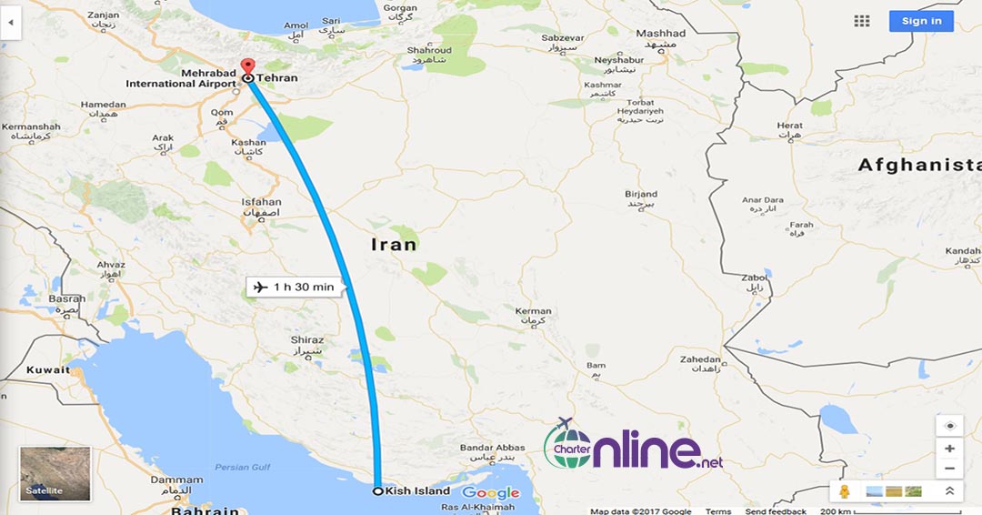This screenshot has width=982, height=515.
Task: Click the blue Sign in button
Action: coord(921,21)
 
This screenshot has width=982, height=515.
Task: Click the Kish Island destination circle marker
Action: coord(378,491)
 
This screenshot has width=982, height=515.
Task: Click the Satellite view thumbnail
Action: coord(55,474)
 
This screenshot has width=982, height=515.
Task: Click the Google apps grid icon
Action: coord(862,21)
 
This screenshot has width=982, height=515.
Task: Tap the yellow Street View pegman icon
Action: coord(845,491)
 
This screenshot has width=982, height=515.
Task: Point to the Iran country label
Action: coord(394,244)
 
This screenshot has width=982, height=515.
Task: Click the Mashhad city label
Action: coord(660,34)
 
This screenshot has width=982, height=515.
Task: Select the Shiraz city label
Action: coord(307,340)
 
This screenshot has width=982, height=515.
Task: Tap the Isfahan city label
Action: coord(262,202)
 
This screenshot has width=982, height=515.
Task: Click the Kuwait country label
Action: coord(48,370)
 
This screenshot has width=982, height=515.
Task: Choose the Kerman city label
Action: coord(533,311)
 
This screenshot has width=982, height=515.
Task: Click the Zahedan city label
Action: coord(700,360)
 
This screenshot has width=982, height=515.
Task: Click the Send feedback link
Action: coord(776,511)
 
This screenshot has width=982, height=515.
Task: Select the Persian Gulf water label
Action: coord(244,468)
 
